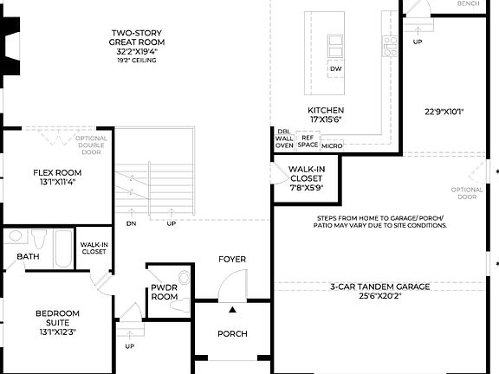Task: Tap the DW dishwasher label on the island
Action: pos(335,68)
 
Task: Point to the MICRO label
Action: pos(331,145)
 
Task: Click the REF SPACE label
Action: pos(308,140)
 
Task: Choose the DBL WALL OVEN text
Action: pos(284,139)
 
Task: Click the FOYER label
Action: pos(232,259)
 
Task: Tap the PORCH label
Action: pos(232,333)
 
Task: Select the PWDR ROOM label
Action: pos(164,292)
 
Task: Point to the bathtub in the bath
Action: pos(62,248)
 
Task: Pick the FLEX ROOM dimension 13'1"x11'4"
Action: pos(57,183)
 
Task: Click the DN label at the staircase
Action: pos(131,223)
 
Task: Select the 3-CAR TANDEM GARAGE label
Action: pos(379,287)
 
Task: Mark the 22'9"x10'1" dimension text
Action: pos(444,111)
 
